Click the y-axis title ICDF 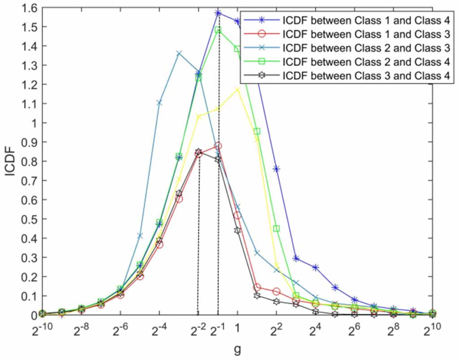(x=10, y=162)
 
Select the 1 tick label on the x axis (x=237, y=328)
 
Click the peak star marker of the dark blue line (x=218, y=13)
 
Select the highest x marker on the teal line (x=179, y=53)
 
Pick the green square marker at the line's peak (x=218, y=30)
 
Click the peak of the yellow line (x=237, y=89)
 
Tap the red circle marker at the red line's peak (x=218, y=146)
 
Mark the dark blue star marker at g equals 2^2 (x=276, y=169)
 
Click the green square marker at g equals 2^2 (x=276, y=228)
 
